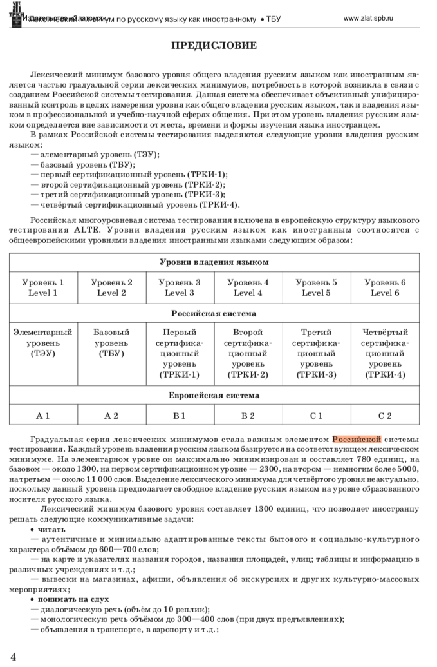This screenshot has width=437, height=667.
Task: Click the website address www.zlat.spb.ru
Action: (369, 19)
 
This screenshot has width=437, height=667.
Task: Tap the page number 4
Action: (13, 656)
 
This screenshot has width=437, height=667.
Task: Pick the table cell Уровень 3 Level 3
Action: (180, 287)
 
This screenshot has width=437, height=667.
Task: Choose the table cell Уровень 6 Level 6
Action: (385, 287)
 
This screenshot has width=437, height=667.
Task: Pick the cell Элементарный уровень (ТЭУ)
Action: (43, 343)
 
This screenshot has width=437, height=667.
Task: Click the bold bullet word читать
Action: (47, 530)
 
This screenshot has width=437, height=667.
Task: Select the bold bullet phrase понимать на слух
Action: (68, 599)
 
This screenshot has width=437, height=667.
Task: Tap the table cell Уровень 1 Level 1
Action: (43, 287)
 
